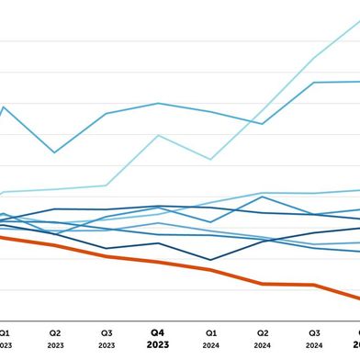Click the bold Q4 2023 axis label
pyautogui.click(x=158, y=338)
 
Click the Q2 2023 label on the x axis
pyautogui.click(x=54, y=338)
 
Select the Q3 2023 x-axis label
pyautogui.click(x=107, y=338)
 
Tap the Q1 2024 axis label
pyautogui.click(x=210, y=338)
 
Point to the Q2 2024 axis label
pyautogui.click(x=263, y=338)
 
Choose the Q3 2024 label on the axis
pyautogui.click(x=314, y=338)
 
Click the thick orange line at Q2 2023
pyautogui.click(x=54, y=245)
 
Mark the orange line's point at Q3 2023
pyautogui.click(x=107, y=256)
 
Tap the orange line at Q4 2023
pyautogui.click(x=158, y=263)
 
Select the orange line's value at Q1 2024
pyautogui.click(x=210, y=270)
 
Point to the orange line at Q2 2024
pyautogui.click(x=263, y=284)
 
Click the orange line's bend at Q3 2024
pyautogui.click(x=314, y=285)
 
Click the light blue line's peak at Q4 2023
pyautogui.click(x=158, y=136)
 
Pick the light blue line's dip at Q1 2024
pyautogui.click(x=210, y=159)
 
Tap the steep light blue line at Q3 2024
pyautogui.click(x=314, y=58)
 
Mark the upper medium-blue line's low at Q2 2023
pyautogui.click(x=54, y=152)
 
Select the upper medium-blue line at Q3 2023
pyautogui.click(x=107, y=114)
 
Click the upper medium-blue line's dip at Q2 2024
pyautogui.click(x=263, y=123)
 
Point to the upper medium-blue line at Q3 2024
pyautogui.click(x=314, y=83)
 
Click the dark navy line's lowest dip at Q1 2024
pyautogui.click(x=210, y=260)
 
